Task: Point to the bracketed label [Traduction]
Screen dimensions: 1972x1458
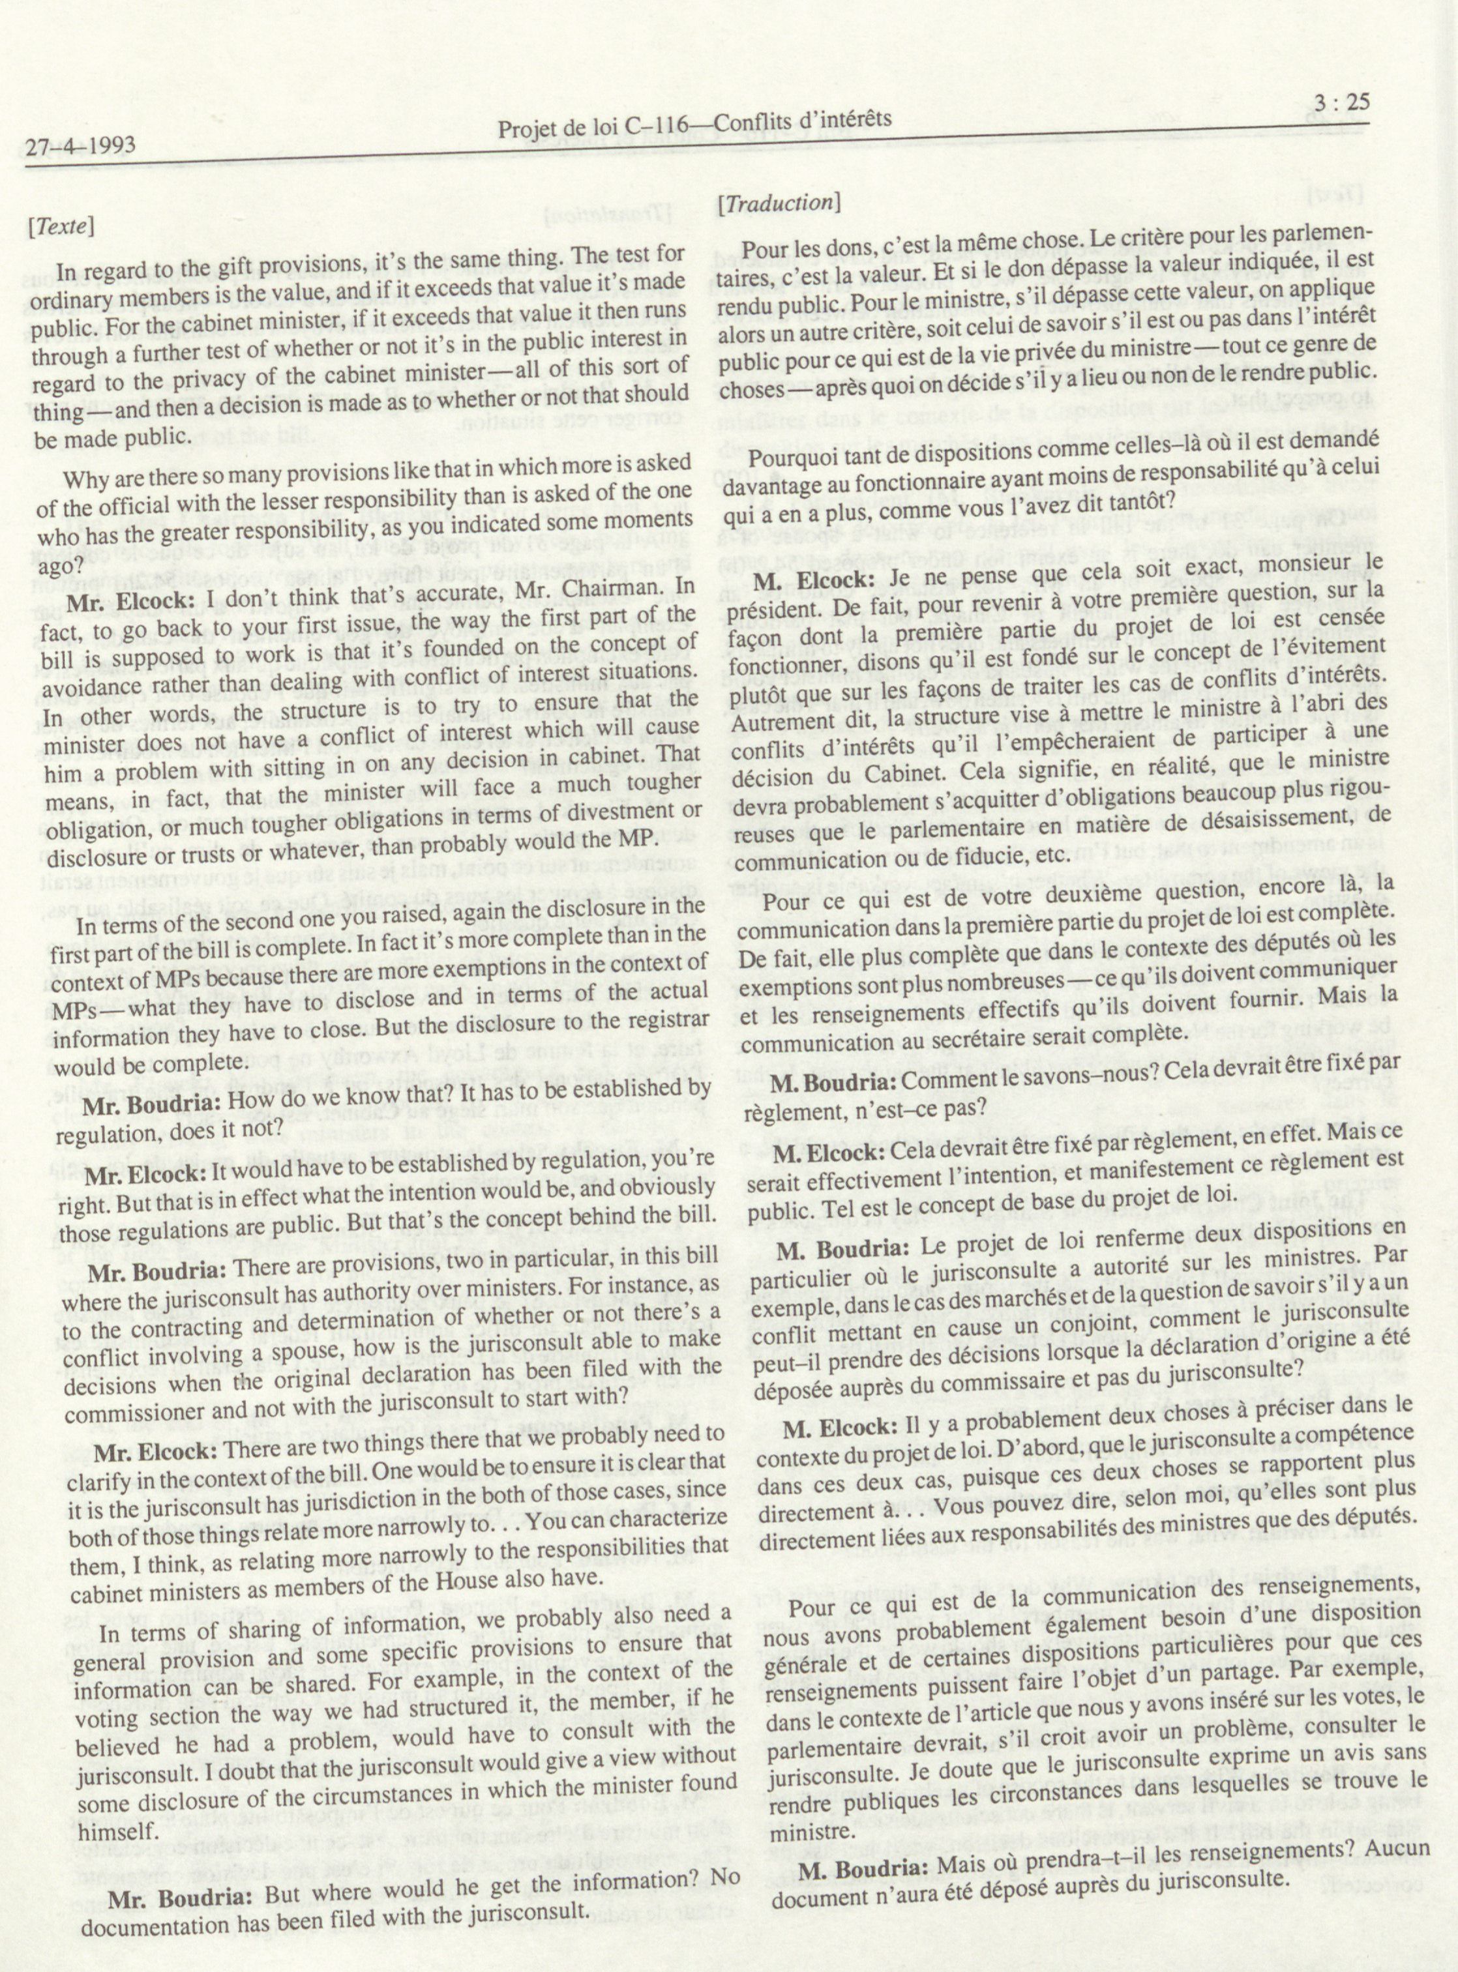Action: pyautogui.click(x=777, y=203)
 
